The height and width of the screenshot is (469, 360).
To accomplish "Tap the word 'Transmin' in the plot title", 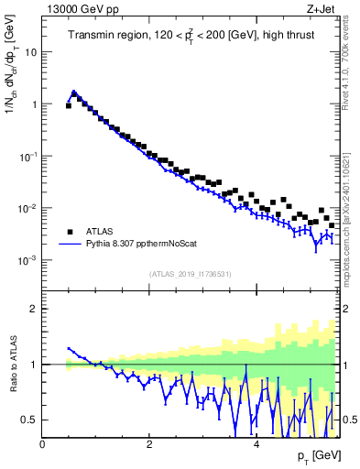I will (x=92, y=36).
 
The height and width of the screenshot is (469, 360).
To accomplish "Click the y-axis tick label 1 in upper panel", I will (x=35, y=104).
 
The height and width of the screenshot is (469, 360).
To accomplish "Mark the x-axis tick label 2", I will (x=149, y=444).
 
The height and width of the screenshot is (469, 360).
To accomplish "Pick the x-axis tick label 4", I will (x=256, y=444).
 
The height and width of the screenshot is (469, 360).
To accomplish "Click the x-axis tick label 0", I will (x=42, y=444).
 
